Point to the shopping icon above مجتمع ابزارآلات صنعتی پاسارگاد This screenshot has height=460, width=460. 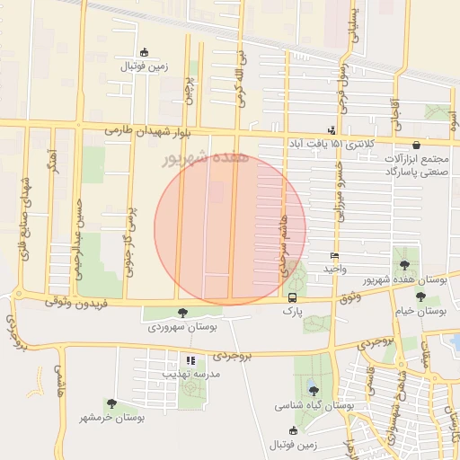pos(416,145)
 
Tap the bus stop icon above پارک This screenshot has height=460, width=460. pos(292,297)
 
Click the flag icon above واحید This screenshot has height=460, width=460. pos(335,256)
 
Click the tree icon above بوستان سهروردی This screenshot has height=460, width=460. pos(182,313)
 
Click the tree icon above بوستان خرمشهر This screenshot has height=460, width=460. pos(111,404)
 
